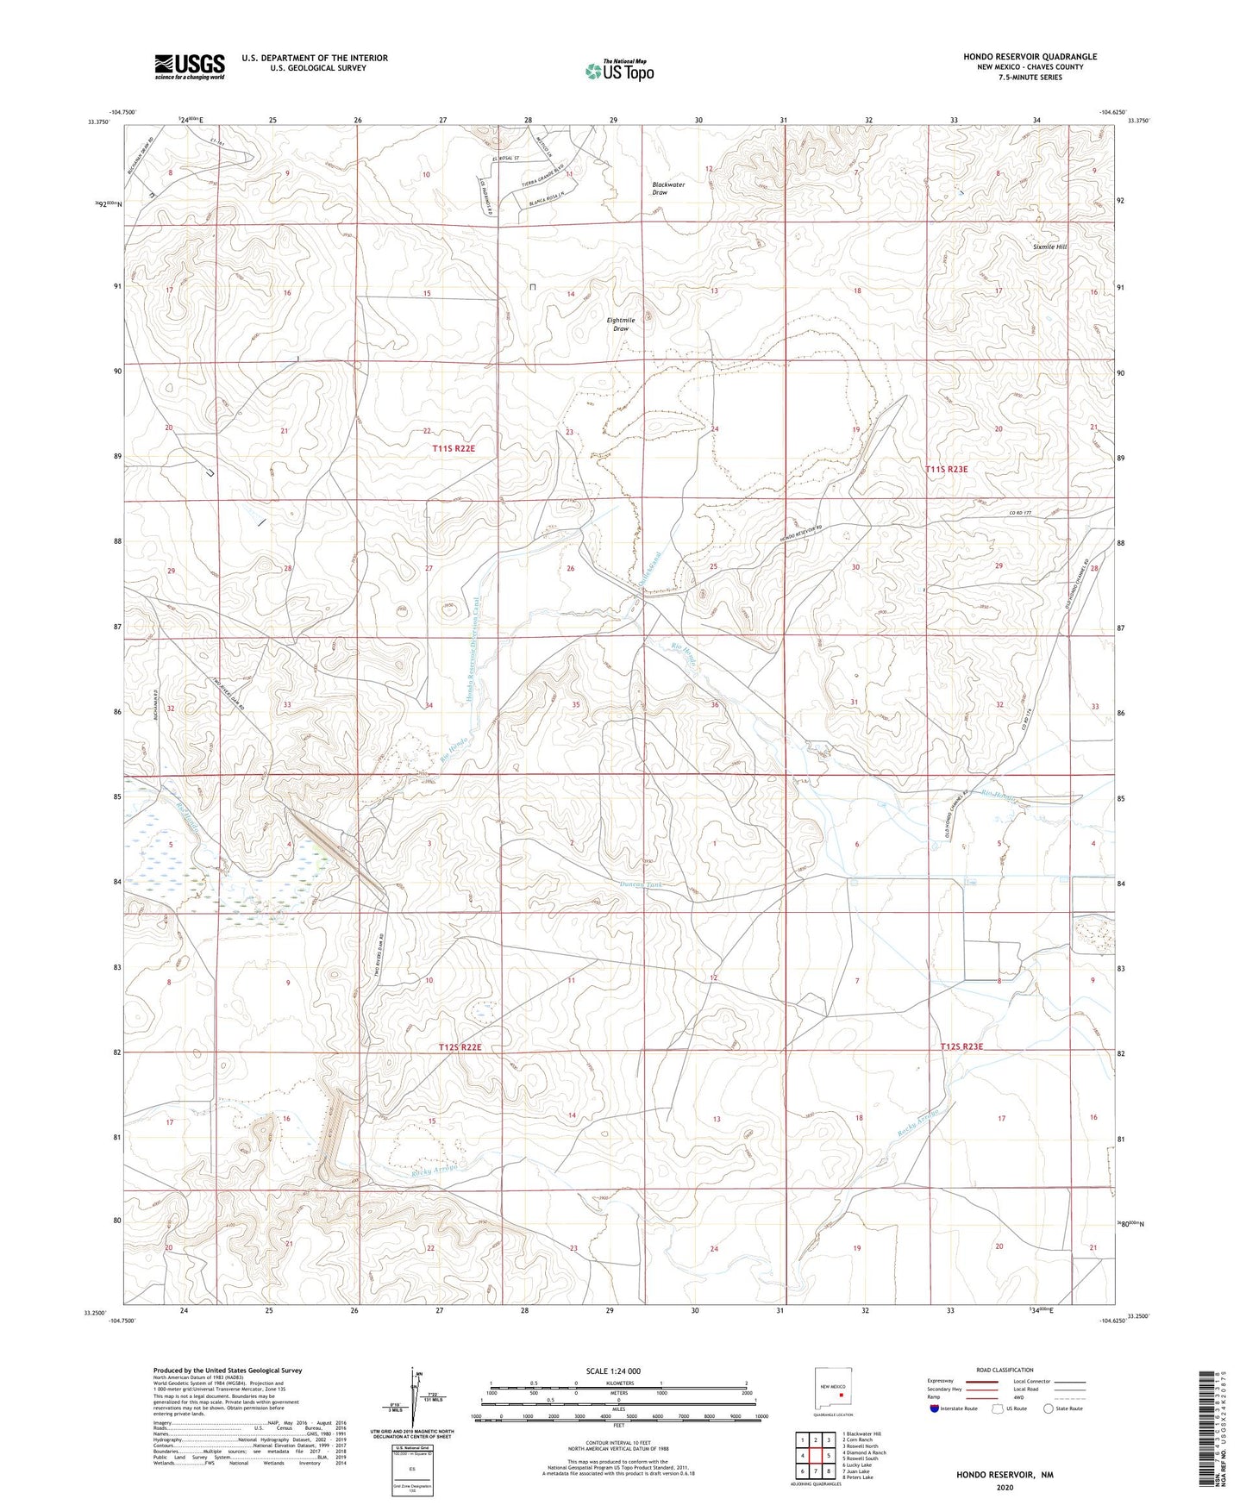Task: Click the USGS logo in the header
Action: [x=190, y=66]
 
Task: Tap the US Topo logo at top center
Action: [x=618, y=71]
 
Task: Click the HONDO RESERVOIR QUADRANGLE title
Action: [x=1030, y=57]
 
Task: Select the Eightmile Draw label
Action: [x=622, y=324]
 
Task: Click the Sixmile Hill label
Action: [x=1049, y=247]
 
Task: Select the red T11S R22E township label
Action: [x=454, y=448]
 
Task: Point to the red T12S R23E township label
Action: [x=961, y=1046]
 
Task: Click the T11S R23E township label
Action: [x=946, y=469]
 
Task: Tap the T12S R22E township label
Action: [x=459, y=1046]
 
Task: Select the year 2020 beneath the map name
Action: [x=1004, y=1487]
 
